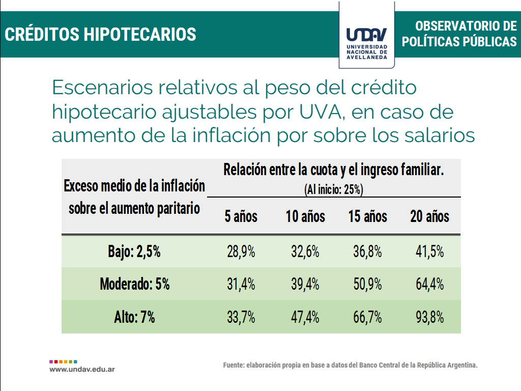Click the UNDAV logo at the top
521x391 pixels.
[366, 36]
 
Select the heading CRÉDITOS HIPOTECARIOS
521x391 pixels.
[101, 34]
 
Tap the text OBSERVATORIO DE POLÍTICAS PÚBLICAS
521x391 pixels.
[459, 34]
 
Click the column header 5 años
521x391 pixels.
[241, 216]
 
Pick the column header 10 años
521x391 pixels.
[305, 216]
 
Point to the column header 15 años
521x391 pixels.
[367, 216]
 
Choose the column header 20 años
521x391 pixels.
[430, 216]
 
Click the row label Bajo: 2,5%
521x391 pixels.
[134, 252]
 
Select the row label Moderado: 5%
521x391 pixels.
[134, 284]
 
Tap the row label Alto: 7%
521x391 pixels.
[134, 317]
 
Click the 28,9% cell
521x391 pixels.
[241, 252]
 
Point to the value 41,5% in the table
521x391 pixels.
[430, 252]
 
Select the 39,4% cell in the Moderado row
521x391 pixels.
[305, 284]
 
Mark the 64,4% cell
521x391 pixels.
[430, 284]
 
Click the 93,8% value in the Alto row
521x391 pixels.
[430, 317]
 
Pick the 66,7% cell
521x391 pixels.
[367, 317]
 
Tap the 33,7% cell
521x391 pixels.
[241, 317]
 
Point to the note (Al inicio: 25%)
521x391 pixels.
[333, 190]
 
